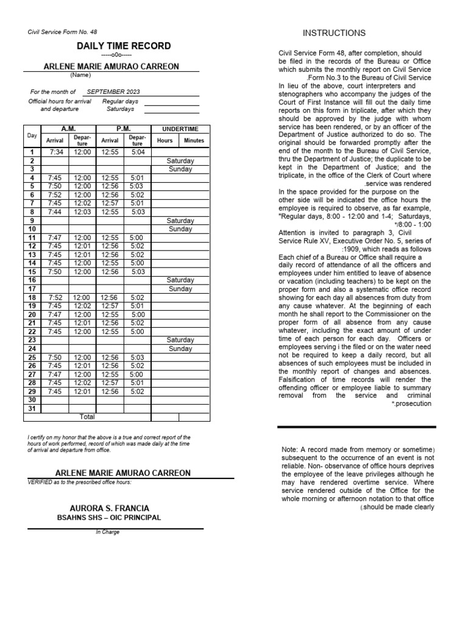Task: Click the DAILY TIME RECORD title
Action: tap(124, 46)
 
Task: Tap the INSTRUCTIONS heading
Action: tap(335, 33)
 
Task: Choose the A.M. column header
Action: tap(68, 129)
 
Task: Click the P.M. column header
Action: tap(124, 129)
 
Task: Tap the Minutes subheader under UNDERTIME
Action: tap(194, 140)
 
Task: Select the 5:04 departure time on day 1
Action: tap(137, 152)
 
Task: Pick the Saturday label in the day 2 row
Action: tap(180, 161)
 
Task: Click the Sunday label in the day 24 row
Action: tap(180, 349)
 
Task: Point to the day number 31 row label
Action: tap(32, 408)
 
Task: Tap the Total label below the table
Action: tap(88, 417)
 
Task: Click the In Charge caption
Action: tap(107, 532)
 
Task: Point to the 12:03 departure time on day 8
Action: tap(82, 211)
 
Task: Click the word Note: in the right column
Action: tap(291, 450)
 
